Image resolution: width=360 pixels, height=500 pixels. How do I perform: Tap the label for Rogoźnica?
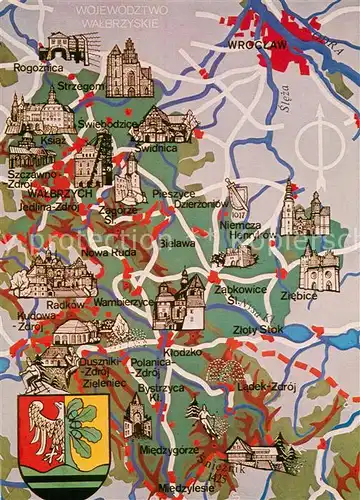click(36, 69)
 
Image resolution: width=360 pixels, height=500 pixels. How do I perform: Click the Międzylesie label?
click(178, 487)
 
